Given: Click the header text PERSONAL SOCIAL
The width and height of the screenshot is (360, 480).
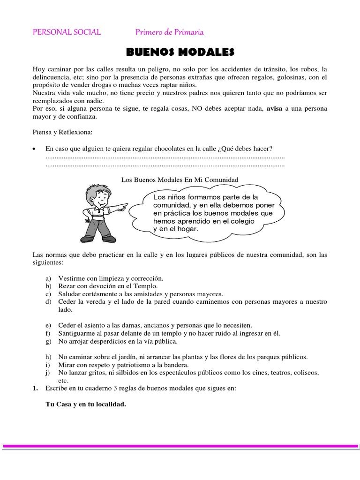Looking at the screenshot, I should tap(66, 32).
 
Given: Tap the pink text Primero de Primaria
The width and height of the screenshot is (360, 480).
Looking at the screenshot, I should tap(169, 32).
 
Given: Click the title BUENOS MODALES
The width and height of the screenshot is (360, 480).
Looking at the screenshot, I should tap(180, 51).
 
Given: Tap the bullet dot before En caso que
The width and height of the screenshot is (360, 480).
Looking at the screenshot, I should tap(34, 149).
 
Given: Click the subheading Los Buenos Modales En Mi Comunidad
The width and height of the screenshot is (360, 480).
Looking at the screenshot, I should tap(180, 179).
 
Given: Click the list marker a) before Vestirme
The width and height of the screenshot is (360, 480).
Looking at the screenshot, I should tap(48, 278).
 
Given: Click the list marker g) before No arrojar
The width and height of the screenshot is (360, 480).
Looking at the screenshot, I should tap(48, 341).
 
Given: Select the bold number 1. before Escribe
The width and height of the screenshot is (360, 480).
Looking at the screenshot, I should tap(36, 389).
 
